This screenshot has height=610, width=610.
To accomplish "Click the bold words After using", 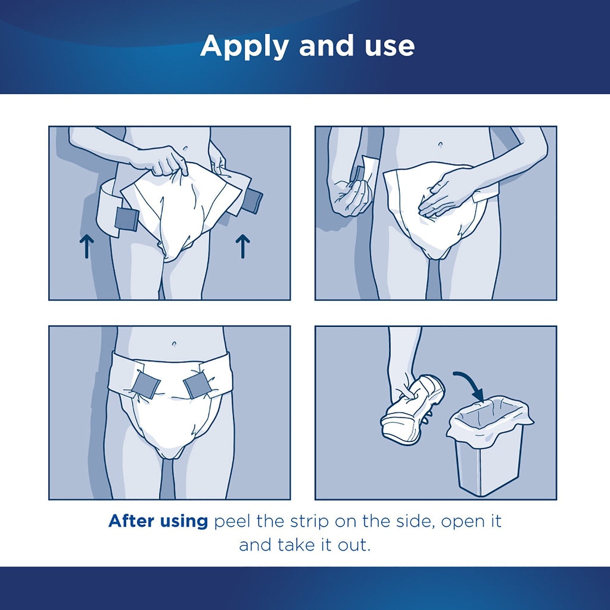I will click(158, 521).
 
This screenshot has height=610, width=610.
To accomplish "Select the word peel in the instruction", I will click(232, 521).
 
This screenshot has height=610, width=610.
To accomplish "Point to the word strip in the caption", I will click(310, 521).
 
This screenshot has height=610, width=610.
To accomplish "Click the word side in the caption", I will click(415, 521).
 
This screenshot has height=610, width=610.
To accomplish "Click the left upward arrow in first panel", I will click(87, 247).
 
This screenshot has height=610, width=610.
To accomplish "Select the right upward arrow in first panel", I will click(243, 247).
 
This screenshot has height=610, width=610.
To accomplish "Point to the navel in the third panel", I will click(174, 344).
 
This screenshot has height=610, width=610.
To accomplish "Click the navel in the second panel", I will click(441, 144).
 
